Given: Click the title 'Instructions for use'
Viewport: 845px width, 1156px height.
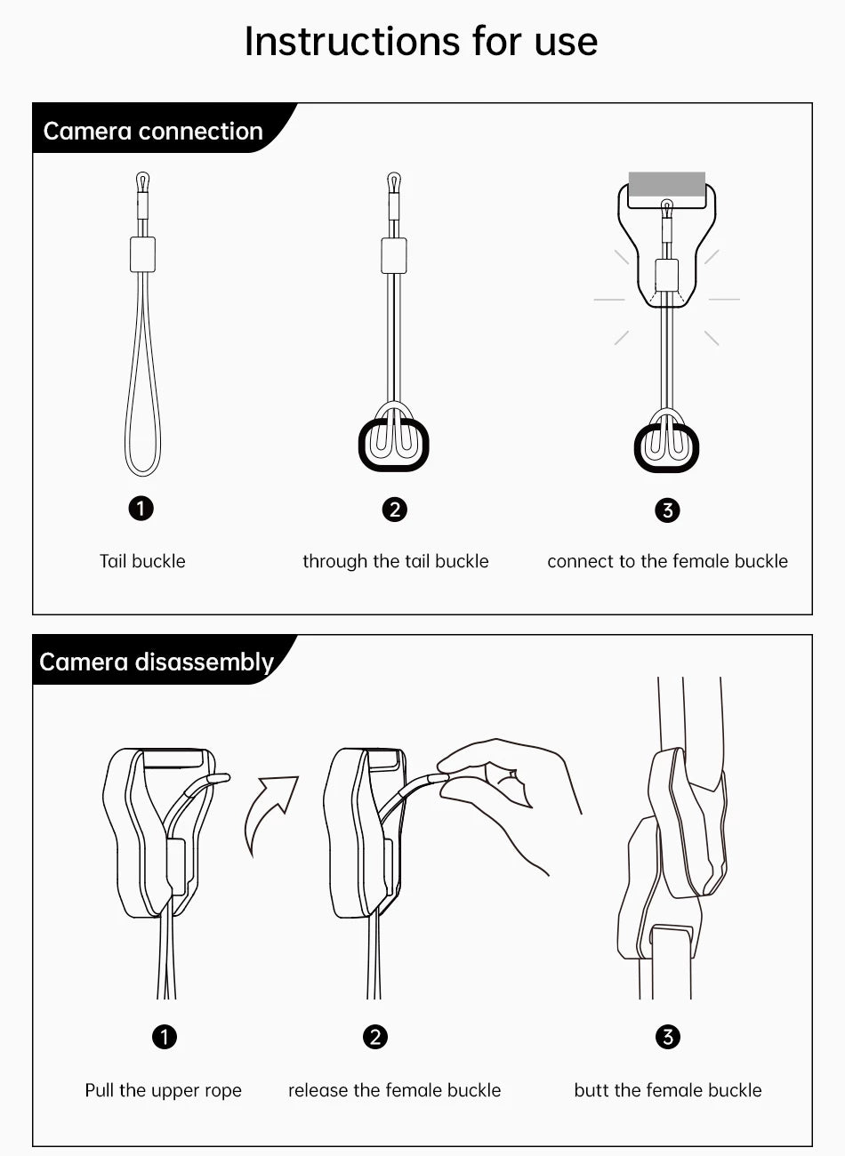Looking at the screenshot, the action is click(x=422, y=41).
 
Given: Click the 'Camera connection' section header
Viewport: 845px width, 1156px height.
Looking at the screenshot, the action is click(x=153, y=131).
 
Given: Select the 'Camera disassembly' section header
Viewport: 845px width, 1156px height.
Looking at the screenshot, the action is click(x=156, y=662).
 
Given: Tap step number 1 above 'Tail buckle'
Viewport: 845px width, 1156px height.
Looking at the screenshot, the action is click(x=141, y=509).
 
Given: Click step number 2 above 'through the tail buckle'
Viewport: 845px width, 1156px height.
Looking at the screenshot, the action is click(x=395, y=510).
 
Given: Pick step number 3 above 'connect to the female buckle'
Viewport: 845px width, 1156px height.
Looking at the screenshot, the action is click(x=667, y=510).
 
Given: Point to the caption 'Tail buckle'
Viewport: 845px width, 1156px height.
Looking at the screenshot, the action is click(x=142, y=561).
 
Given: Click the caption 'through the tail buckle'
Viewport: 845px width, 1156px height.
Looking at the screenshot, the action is click(x=396, y=561).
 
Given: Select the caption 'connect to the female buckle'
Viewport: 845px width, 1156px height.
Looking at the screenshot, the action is click(x=667, y=561).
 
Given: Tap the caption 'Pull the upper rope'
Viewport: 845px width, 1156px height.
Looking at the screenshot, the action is click(x=163, y=1090).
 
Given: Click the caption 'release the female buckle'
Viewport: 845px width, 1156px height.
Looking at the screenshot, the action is click(x=394, y=1090).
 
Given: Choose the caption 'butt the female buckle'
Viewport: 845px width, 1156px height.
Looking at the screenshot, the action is click(x=668, y=1090).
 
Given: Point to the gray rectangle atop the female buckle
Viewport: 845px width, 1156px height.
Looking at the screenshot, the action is click(x=667, y=184).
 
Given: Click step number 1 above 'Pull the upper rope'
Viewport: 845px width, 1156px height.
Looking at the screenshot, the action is click(x=165, y=1037).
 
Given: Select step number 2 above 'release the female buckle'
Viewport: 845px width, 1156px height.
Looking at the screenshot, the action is click(x=375, y=1037).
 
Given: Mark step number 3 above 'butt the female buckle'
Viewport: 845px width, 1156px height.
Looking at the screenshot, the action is click(x=668, y=1037).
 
